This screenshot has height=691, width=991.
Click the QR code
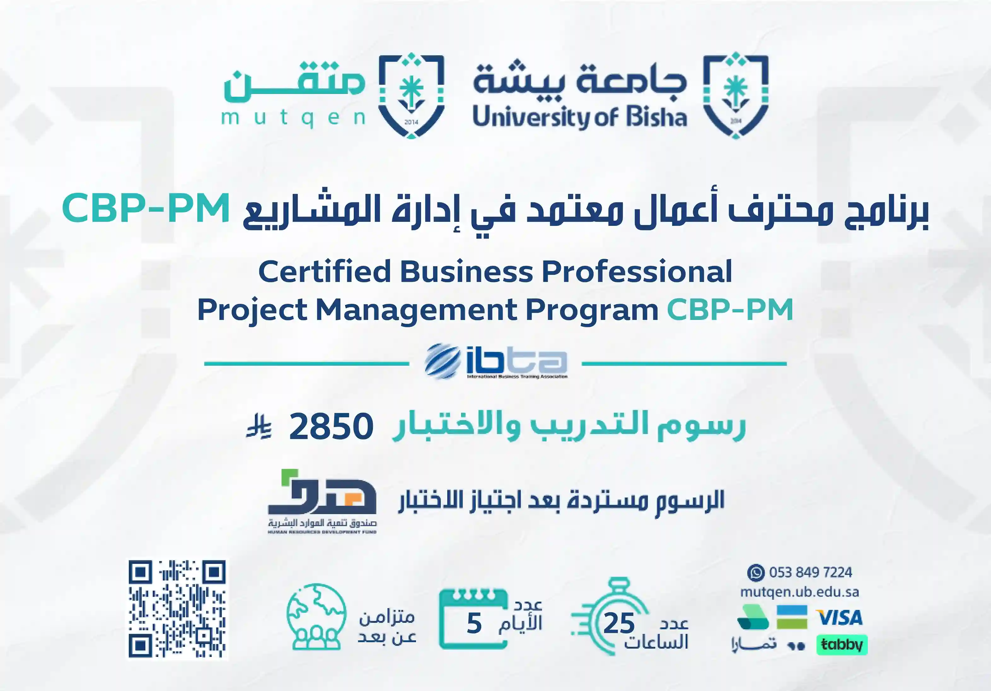click(177, 609)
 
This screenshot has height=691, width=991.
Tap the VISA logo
click(839, 617)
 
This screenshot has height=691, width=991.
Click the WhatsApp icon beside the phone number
click(756, 573)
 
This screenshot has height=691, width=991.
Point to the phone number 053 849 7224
click(811, 573)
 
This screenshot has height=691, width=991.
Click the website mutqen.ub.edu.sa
click(799, 592)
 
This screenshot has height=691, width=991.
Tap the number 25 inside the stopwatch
click(619, 623)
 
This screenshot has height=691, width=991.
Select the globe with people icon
click(316, 617)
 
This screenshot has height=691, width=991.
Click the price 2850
click(331, 427)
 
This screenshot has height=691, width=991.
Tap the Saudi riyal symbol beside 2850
click(259, 427)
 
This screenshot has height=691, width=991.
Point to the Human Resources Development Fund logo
click(322, 501)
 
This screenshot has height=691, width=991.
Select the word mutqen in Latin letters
click(293, 118)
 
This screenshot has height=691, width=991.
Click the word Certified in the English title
click(325, 272)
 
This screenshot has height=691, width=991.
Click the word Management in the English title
click(416, 310)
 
